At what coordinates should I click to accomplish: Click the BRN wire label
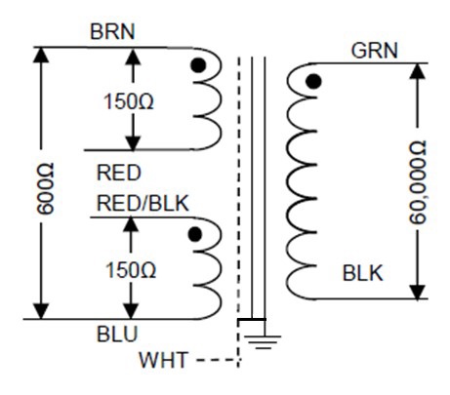tap(112, 31)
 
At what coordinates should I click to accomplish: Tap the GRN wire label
tap(375, 51)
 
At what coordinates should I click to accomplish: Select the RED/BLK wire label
tap(143, 204)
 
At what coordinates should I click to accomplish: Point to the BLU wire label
tap(117, 334)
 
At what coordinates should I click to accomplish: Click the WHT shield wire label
tap(163, 360)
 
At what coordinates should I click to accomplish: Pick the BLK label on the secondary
tap(363, 273)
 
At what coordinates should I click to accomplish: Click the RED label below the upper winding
tap(119, 173)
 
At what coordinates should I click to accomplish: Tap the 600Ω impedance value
tap(45, 189)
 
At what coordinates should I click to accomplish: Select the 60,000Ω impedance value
tap(418, 182)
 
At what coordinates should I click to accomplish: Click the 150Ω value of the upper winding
tap(128, 101)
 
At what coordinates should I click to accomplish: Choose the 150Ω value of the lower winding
tap(131, 270)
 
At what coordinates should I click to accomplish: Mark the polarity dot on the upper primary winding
tap(198, 65)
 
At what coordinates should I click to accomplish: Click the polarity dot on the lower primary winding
tap(195, 234)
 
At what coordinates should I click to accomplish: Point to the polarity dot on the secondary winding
tap(314, 81)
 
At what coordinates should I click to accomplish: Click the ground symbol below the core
tap(263, 342)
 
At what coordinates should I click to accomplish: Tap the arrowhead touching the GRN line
tap(418, 71)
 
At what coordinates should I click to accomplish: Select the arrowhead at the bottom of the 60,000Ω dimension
tap(418, 292)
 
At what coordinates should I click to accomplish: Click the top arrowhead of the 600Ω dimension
tap(41, 55)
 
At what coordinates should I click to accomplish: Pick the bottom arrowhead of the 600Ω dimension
tap(41, 311)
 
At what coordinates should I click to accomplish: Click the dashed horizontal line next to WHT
tap(218, 360)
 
